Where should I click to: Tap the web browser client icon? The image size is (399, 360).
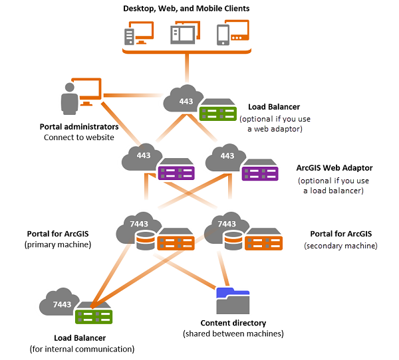186,33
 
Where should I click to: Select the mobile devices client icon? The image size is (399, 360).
232,33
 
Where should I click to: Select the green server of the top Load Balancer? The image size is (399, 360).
218,110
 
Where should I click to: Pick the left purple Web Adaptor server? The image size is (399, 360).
176,171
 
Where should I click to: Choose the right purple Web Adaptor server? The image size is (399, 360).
260,171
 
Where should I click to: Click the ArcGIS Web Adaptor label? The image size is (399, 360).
334,169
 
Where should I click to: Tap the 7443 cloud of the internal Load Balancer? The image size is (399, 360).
61,304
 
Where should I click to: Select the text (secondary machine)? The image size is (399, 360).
340,245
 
